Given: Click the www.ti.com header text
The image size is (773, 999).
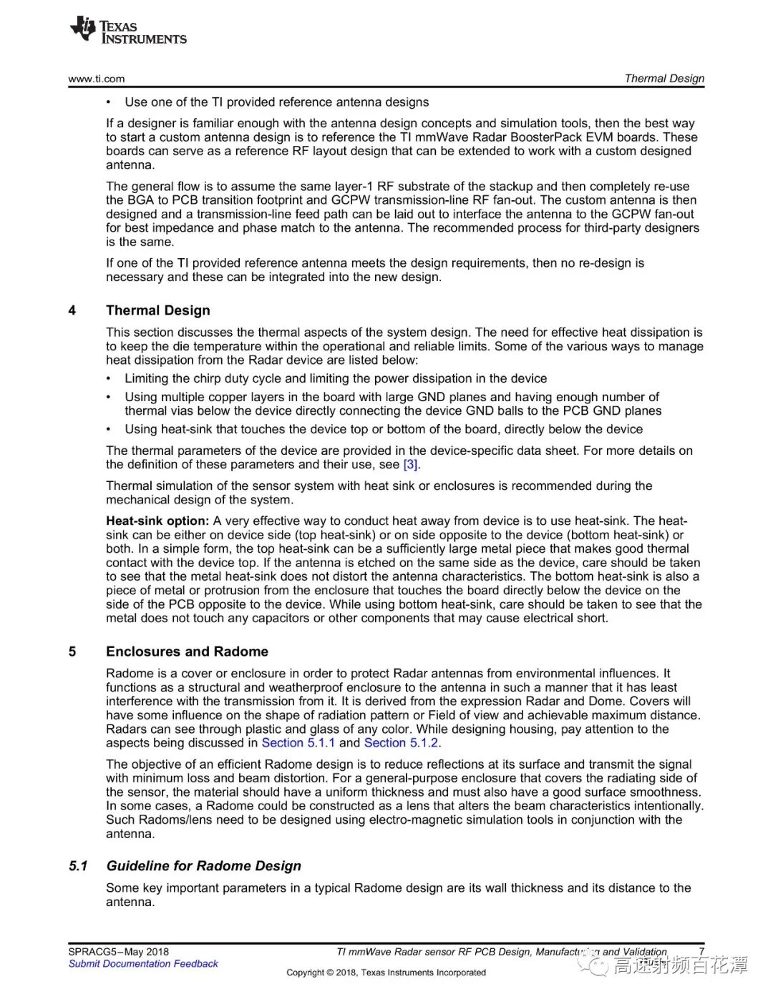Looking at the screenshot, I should pyautogui.click(x=97, y=79).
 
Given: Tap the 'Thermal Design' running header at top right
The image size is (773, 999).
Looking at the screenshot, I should pyautogui.click(x=664, y=79).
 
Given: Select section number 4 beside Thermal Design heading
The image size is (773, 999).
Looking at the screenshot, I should pyautogui.click(x=72, y=310).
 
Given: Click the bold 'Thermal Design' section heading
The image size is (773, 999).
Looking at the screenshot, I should pyautogui.click(x=158, y=310).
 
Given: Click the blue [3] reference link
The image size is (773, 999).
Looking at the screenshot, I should pyautogui.click(x=411, y=465).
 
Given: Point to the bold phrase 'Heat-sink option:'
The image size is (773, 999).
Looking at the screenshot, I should pyautogui.click(x=157, y=521).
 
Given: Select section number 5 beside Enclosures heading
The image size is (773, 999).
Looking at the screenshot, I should pyautogui.click(x=72, y=651).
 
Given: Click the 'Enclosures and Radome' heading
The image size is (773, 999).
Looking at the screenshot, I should pyautogui.click(x=187, y=651).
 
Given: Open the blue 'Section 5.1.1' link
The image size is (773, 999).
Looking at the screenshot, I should pyautogui.click(x=298, y=743).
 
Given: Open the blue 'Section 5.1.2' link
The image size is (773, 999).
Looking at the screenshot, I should pyautogui.click(x=401, y=743).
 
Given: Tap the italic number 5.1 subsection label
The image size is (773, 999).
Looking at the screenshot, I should pyautogui.click(x=79, y=866).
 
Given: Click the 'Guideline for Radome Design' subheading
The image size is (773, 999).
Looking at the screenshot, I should pyautogui.click(x=204, y=866).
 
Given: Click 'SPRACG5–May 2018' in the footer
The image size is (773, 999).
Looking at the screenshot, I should pyautogui.click(x=119, y=952).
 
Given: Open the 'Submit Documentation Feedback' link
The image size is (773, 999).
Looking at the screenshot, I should pyautogui.click(x=143, y=964).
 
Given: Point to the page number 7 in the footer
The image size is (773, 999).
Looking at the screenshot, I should pyautogui.click(x=701, y=952).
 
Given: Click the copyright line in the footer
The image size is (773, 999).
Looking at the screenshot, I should pyautogui.click(x=386, y=973).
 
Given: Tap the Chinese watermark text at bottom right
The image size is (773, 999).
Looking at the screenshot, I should pyautogui.click(x=680, y=965).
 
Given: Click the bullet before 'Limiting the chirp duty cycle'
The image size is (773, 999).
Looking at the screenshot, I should pyautogui.click(x=109, y=379).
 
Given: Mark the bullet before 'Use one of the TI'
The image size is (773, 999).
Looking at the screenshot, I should pyautogui.click(x=109, y=102).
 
